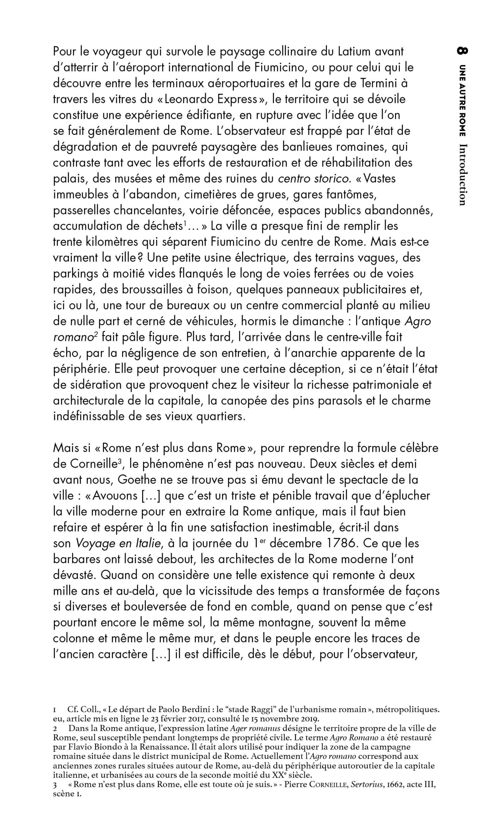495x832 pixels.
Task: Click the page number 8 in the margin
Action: point(463,51)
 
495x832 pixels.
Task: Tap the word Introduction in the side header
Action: point(463,174)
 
